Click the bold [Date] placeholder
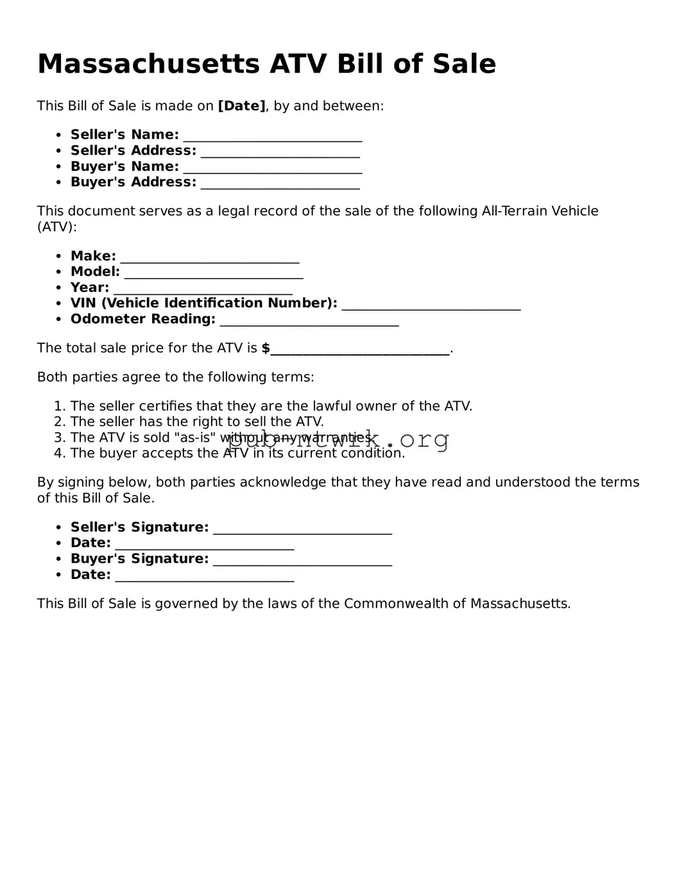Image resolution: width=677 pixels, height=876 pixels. point(241,106)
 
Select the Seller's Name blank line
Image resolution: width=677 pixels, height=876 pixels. point(272,136)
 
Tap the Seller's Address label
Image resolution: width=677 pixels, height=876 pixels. point(133,150)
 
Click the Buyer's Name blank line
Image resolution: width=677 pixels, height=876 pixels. point(272,167)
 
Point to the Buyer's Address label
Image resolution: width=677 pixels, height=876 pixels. point(133,182)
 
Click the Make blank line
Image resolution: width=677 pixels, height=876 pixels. point(210,257)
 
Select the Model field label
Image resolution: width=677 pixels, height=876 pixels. point(95,271)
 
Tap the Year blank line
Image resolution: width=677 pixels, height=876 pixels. point(203,289)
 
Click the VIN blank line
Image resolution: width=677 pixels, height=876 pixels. point(431,304)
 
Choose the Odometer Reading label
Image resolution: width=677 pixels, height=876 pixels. point(142,319)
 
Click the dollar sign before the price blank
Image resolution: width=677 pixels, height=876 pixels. point(266,348)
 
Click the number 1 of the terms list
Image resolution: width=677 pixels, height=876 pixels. point(59,406)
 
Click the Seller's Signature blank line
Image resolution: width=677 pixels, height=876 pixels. point(302,528)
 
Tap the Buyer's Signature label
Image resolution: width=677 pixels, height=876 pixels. point(139,558)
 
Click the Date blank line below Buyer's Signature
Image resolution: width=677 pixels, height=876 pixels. point(204,576)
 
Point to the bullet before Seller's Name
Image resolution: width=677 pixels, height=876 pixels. point(58,135)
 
